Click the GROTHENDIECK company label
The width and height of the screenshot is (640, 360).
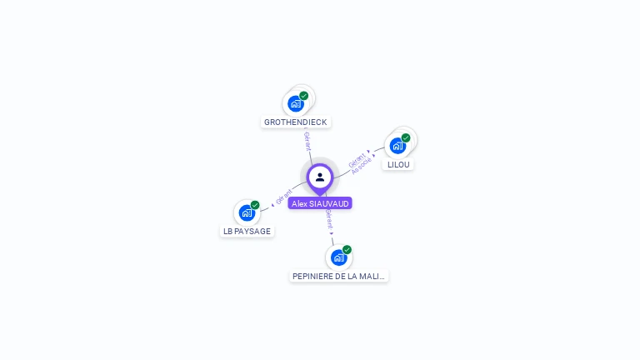[296, 122]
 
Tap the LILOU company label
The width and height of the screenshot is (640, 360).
[399, 164]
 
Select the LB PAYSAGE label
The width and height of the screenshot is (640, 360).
[247, 231]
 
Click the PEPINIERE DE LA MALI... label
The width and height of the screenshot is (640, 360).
[339, 275]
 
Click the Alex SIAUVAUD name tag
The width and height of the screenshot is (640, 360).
[320, 202]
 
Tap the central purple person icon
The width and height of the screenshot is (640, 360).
[320, 177]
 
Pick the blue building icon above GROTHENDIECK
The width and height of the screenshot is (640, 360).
[295, 103]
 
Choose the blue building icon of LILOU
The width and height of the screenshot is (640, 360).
[397, 146]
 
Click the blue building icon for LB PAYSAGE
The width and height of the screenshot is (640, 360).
[247, 212]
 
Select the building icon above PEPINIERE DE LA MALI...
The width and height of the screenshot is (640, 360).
[338, 257]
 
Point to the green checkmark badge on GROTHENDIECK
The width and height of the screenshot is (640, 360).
[304, 96]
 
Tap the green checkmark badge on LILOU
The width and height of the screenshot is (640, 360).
[406, 138]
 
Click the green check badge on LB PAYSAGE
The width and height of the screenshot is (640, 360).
[255, 205]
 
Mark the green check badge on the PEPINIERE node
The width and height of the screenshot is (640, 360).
[347, 249]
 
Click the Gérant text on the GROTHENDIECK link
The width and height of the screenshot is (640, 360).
[307, 141]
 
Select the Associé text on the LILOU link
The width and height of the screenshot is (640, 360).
[362, 165]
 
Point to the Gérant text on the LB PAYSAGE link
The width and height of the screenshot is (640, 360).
[284, 197]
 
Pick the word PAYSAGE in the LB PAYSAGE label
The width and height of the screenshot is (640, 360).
[252, 231]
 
